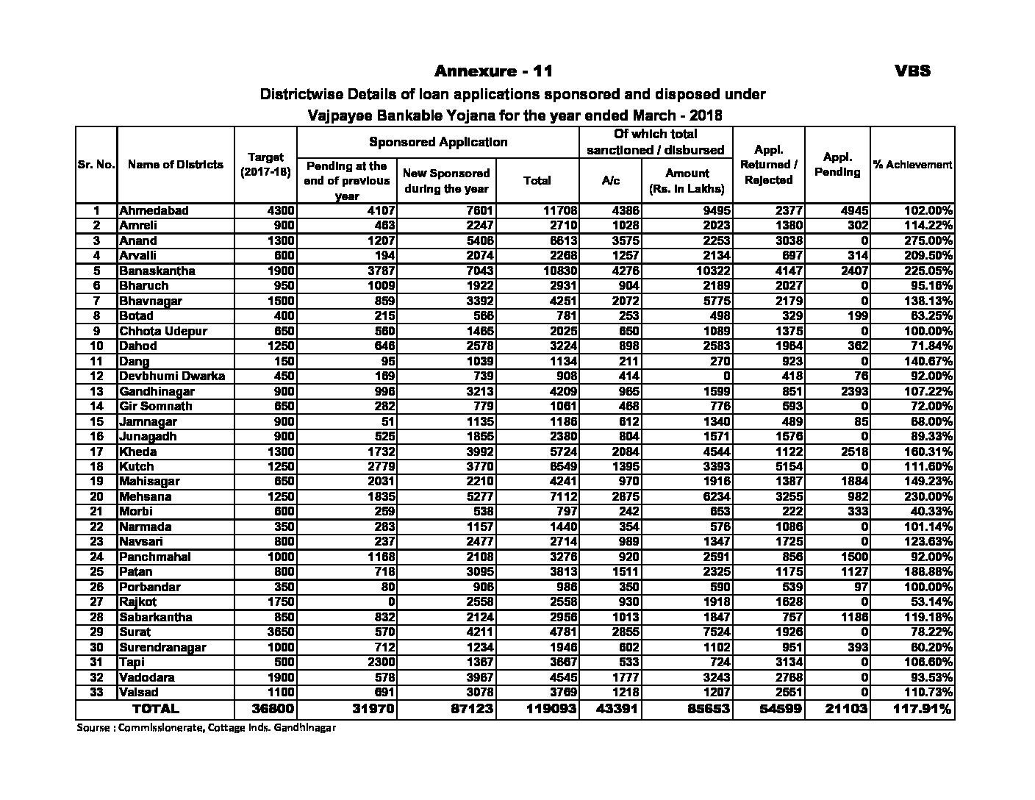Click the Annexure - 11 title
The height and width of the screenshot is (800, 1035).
point(493,71)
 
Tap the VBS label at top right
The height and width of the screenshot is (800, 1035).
point(912,71)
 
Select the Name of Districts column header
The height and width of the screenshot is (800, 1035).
point(175,165)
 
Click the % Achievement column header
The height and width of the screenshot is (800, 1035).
point(912,165)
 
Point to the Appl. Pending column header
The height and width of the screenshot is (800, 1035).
point(837,165)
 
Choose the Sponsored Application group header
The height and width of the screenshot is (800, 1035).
point(438,142)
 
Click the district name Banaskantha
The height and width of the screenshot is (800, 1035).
point(157,271)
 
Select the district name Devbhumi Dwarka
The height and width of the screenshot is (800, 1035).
point(172,376)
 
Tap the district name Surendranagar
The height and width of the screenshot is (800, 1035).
point(162,647)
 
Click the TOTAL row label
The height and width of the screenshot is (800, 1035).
point(154,710)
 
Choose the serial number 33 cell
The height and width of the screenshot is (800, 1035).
point(96,692)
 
